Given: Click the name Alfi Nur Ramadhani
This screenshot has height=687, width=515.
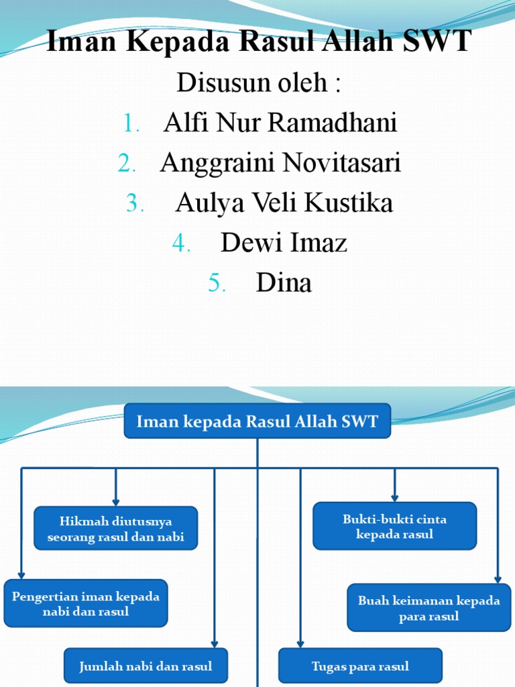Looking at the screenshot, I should pyautogui.click(x=280, y=123).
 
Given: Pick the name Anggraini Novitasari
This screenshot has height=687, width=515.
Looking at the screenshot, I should pyautogui.click(x=280, y=163).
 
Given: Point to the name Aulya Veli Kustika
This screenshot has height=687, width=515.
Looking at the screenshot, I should pyautogui.click(x=284, y=203).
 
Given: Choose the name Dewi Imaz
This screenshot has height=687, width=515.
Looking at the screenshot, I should pyautogui.click(x=284, y=242).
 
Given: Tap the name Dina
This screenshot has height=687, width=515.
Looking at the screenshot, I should pyautogui.click(x=284, y=282).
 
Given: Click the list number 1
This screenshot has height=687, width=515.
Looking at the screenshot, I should pyautogui.click(x=131, y=124).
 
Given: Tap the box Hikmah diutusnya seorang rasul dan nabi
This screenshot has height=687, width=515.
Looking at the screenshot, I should pyautogui.click(x=116, y=529).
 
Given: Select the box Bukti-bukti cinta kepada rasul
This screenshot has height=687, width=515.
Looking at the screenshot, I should pyautogui.click(x=394, y=527).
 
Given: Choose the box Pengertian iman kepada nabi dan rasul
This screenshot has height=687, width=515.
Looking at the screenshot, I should pyautogui.click(x=85, y=603).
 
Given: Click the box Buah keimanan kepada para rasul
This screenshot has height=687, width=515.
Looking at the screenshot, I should pyautogui.click(x=428, y=608).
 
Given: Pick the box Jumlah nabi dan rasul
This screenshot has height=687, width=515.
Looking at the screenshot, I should pyautogui.click(x=146, y=666).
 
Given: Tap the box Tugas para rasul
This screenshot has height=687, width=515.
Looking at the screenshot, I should pyautogui.click(x=360, y=666).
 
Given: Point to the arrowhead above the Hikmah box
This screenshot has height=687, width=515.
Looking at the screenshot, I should pyautogui.click(x=116, y=501).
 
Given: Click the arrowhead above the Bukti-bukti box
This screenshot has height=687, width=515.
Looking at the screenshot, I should pyautogui.click(x=394, y=497).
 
